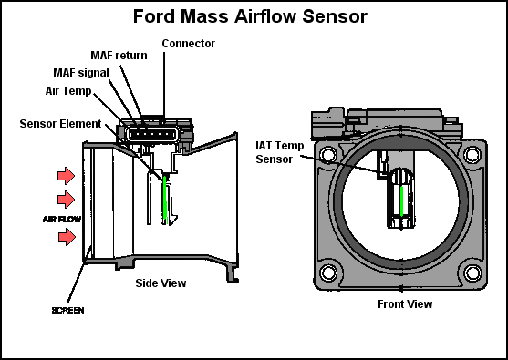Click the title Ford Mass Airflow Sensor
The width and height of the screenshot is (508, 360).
tap(250, 16)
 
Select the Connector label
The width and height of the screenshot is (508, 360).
tap(188, 43)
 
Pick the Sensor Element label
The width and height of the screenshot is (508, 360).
tap(62, 123)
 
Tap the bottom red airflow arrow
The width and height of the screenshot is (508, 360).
tap(67, 237)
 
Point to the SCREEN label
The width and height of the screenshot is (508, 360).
tap(67, 310)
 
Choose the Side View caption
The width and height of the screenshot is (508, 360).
tap(161, 283)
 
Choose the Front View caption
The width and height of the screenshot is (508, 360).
tap(405, 303)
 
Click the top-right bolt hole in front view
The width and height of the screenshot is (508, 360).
tap(472, 154)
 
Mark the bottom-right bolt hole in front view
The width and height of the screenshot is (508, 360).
tap(472, 272)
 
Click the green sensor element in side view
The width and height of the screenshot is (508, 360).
tap(164, 201)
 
